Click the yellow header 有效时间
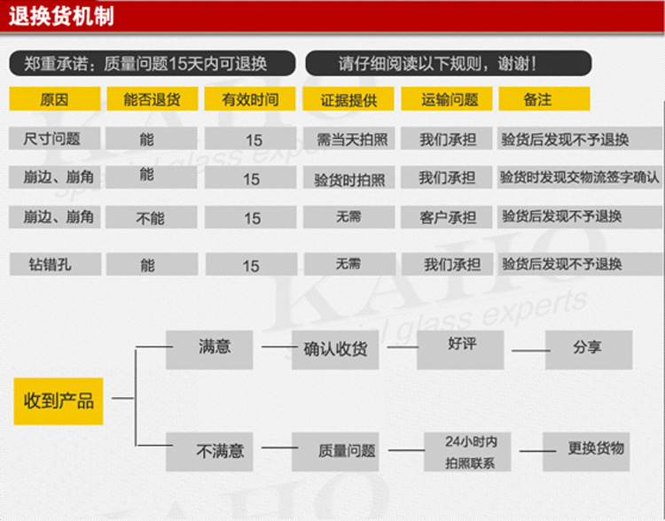pyautogui.click(x=251, y=99)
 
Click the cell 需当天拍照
pyautogui.click(x=349, y=139)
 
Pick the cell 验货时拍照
pyautogui.click(x=349, y=180)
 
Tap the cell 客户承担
pyautogui.click(x=448, y=217)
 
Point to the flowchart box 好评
pyautogui.click(x=462, y=343)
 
